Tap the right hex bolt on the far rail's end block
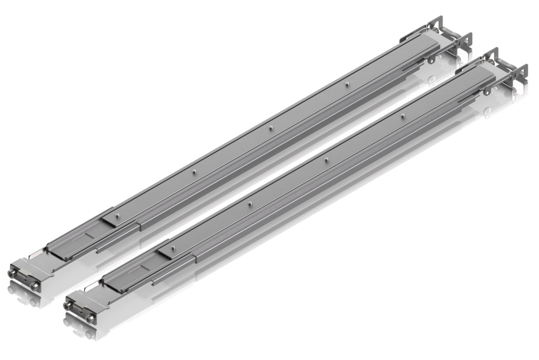point(34,286)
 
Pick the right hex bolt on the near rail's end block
point(89,318)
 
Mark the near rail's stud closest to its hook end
point(403,116)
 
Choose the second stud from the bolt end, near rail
point(250,203)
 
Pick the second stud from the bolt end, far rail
point(194,171)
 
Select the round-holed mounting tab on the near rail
point(487,91)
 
